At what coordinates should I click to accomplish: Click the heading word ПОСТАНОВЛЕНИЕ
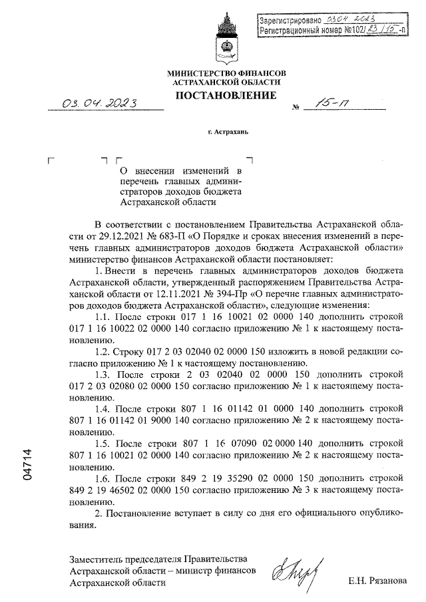click(226, 96)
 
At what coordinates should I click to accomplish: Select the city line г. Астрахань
click(228, 131)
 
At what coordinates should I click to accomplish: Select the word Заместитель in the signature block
click(95, 557)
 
